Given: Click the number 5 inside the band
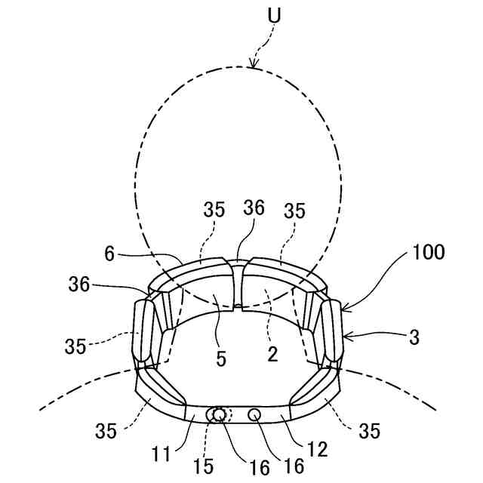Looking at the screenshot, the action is pos(220,359).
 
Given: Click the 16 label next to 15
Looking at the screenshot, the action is pos(258,467).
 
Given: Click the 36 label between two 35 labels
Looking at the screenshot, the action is pos(254,208).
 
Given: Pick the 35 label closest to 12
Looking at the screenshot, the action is pos(369,431).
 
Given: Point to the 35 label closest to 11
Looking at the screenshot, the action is pos(106,431).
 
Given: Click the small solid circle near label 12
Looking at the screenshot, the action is pos(254,414).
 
